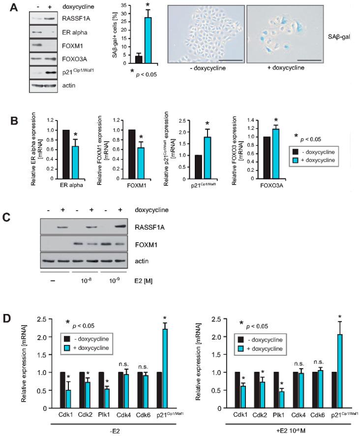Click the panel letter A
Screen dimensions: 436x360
(x=7, y=6)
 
